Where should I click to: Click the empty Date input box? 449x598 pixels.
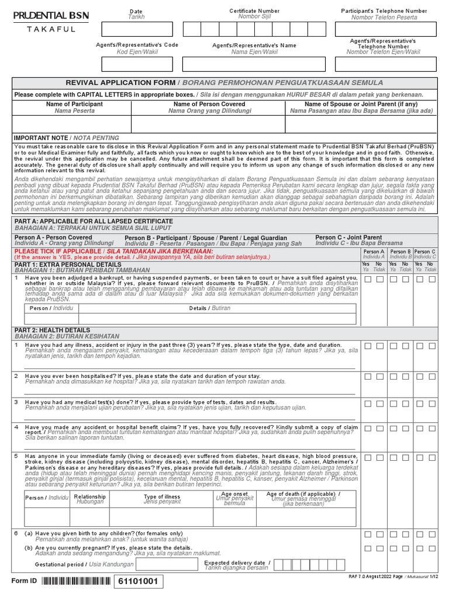[x=137, y=29]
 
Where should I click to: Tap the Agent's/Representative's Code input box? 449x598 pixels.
[x=137, y=64]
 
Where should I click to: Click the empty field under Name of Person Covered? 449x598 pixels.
[x=208, y=124]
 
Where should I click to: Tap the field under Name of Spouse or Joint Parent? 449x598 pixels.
[x=361, y=124]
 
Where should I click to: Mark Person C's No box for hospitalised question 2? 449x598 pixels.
[x=433, y=377]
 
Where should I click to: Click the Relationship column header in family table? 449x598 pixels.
[x=90, y=497]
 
